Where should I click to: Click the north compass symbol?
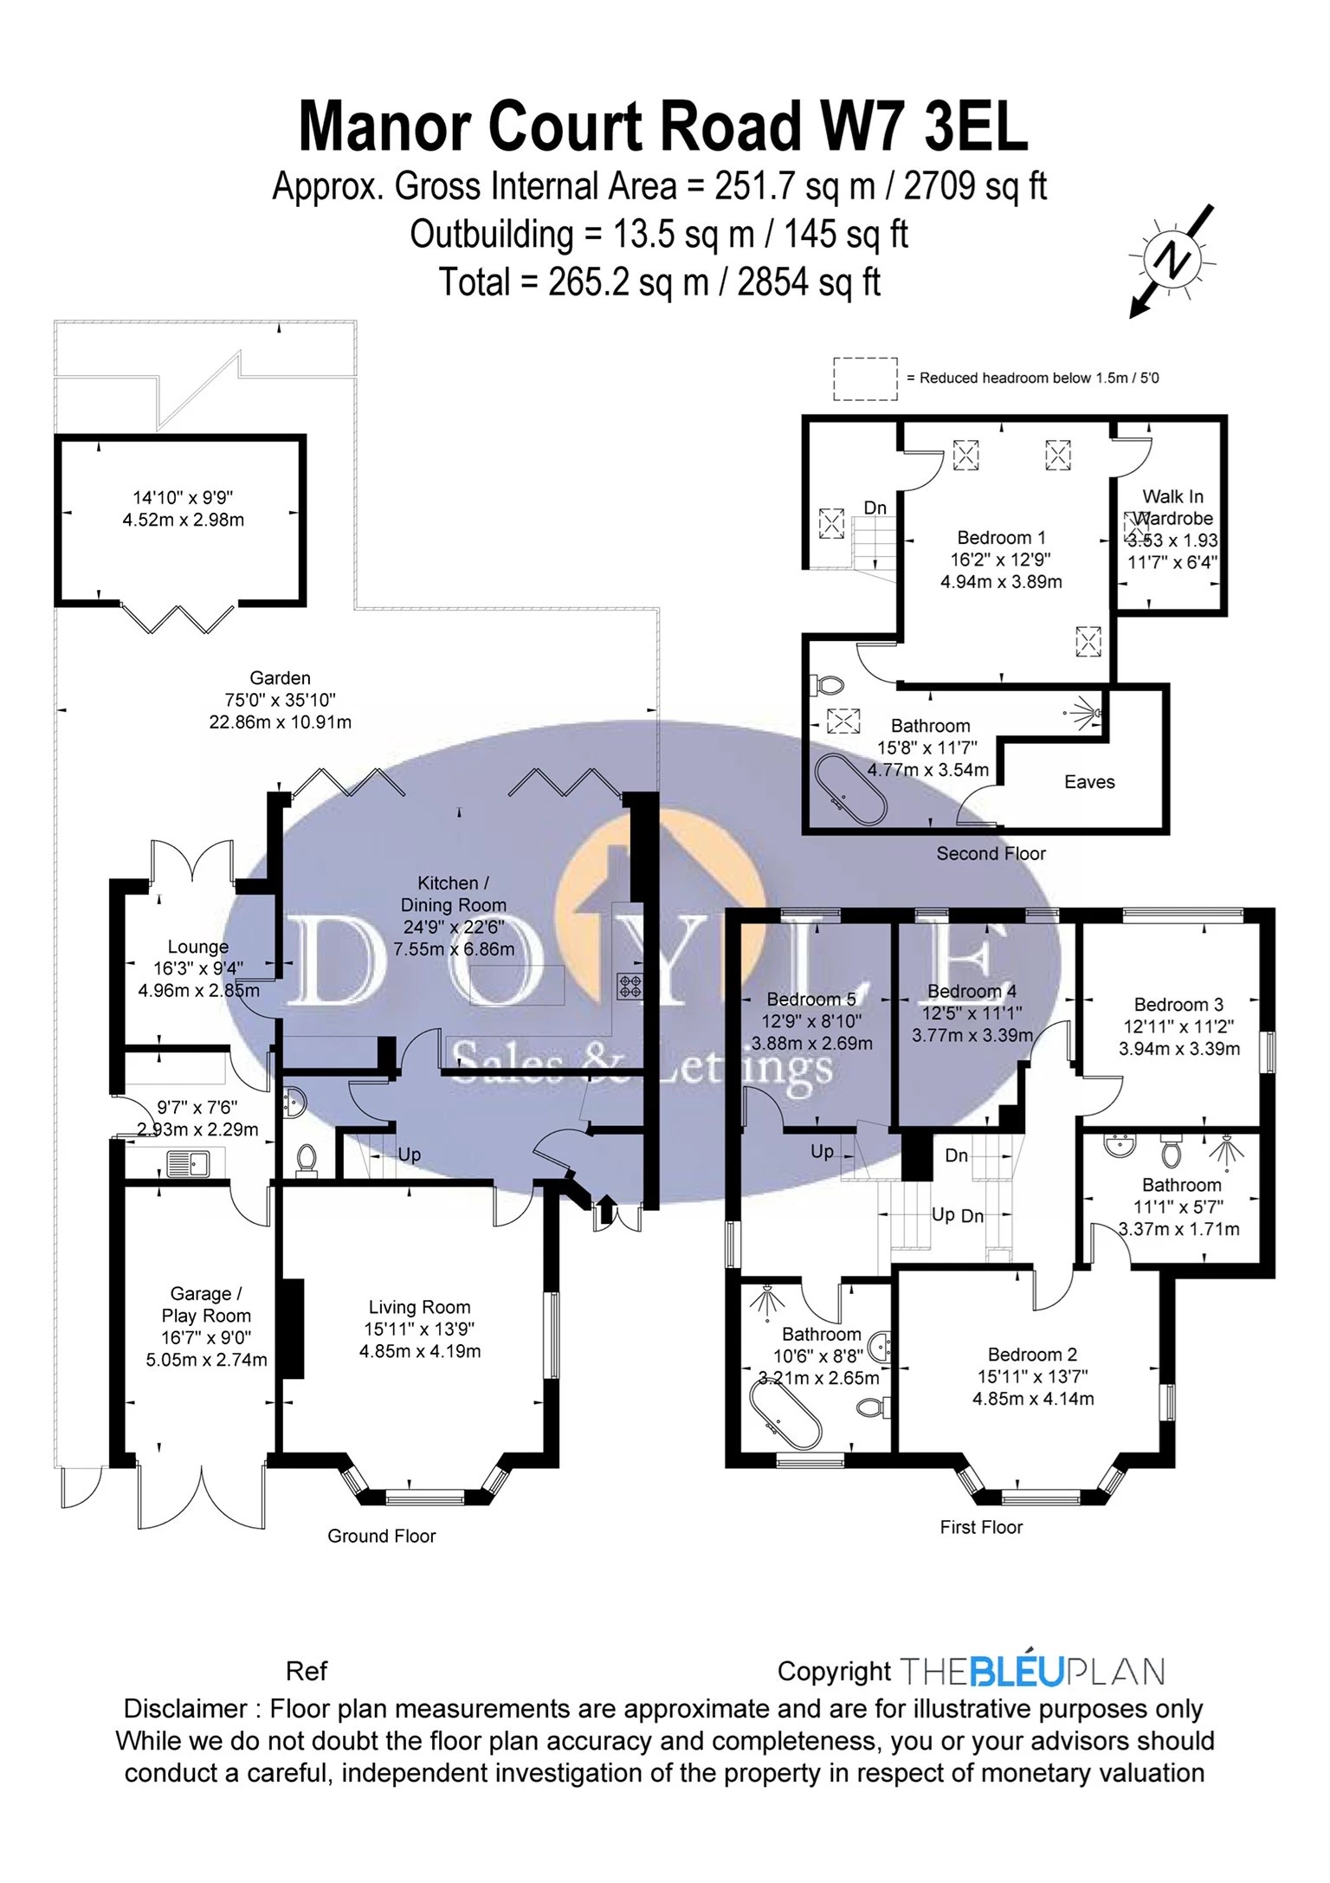(x=1173, y=259)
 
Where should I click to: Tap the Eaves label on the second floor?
(x=1088, y=782)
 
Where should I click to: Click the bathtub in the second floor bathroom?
(x=850, y=791)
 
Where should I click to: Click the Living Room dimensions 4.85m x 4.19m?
(x=420, y=1351)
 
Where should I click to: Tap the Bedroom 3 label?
(x=1178, y=1005)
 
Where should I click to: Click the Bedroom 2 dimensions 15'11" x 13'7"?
(x=1032, y=1376)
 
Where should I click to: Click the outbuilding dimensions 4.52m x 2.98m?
(x=184, y=521)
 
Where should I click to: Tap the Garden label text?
(x=280, y=678)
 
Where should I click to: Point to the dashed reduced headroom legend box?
(x=865, y=379)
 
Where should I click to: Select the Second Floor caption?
(x=991, y=854)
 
